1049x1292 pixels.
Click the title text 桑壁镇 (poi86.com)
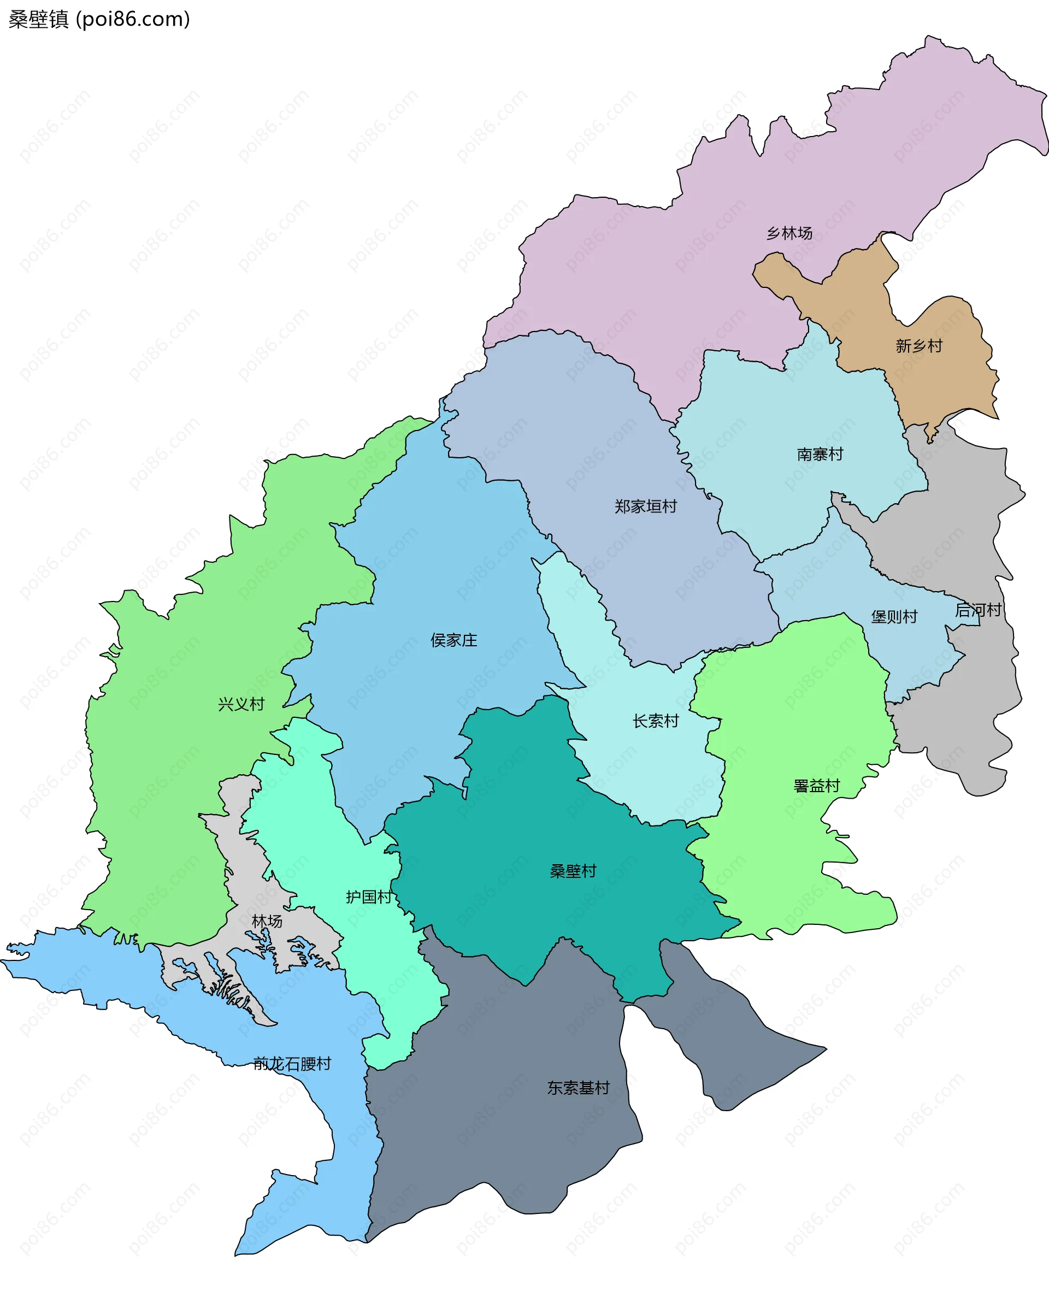coord(99,19)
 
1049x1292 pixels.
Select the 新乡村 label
coord(918,346)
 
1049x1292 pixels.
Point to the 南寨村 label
coord(820,454)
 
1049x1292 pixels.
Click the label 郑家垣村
coord(645,506)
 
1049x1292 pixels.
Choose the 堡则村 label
coord(894,616)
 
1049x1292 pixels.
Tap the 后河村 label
coord(977,610)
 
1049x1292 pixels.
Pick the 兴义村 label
coord(241,704)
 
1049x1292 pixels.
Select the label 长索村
coord(655,721)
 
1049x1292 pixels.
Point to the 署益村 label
coord(816,786)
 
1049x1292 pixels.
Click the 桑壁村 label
coord(573,871)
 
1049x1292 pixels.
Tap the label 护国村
coord(369,897)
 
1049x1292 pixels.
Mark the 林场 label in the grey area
coord(267,921)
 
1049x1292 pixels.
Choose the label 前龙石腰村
coord(292,1064)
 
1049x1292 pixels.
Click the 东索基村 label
coord(578,1088)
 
